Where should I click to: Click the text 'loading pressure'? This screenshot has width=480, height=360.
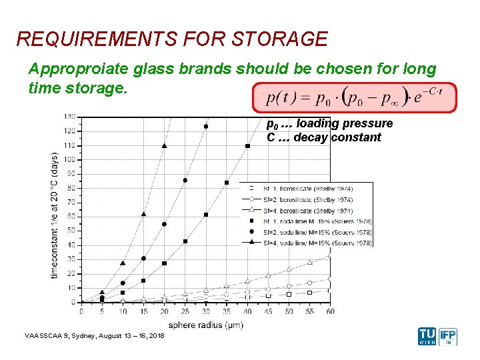click(344, 123)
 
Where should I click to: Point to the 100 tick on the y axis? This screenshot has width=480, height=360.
click(69, 159)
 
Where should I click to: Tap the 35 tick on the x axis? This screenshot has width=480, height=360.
click(227, 311)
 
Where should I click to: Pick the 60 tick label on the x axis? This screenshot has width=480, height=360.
click(330, 311)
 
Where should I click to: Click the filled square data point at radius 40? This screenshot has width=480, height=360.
click(247, 146)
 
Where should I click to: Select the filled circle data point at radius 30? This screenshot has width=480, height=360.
click(206, 126)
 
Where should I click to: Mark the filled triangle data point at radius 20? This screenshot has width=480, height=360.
click(165, 145)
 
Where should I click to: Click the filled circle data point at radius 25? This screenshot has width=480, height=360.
click(185, 180)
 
